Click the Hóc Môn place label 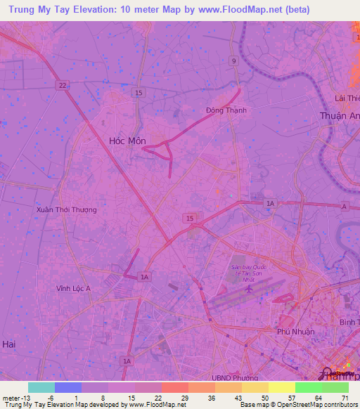127,141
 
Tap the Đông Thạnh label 226,110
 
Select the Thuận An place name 339,116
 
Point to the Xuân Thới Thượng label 66,209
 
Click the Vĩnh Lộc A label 74,288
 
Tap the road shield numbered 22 63,86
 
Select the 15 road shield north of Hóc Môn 139,93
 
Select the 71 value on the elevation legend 345,397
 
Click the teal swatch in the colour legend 41,387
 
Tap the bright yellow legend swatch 281,387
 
